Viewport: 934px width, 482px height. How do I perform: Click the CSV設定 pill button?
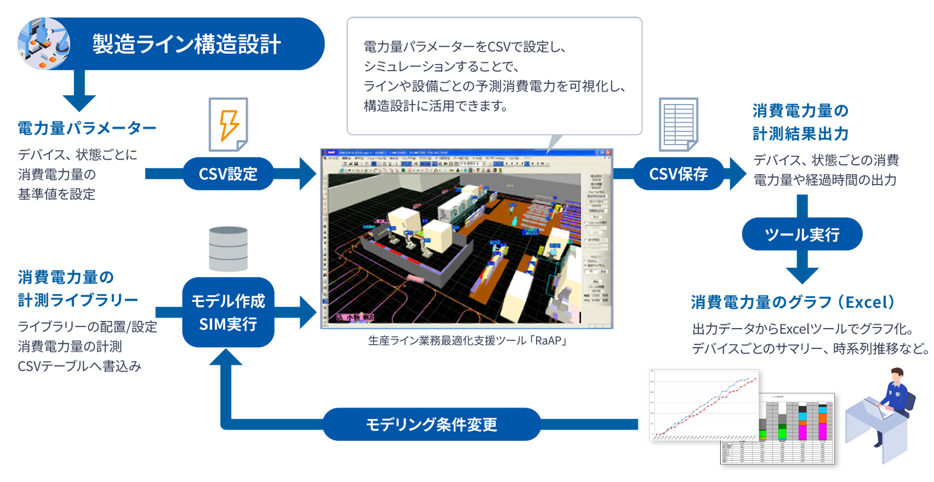pyautogui.click(x=228, y=174)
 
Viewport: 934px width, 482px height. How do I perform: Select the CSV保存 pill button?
pyautogui.click(x=678, y=174)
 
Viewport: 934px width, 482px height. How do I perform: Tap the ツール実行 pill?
pyautogui.click(x=802, y=234)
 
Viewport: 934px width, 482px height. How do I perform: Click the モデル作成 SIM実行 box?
pyautogui.click(x=228, y=313)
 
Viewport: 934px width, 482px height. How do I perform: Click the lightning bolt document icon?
pyautogui.click(x=228, y=124)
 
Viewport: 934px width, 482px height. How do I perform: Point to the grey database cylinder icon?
pyautogui.click(x=228, y=249)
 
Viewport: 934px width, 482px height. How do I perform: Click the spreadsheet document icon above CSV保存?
pyautogui.click(x=678, y=124)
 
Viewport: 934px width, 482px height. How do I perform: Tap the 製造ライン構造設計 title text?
pyautogui.click(x=187, y=44)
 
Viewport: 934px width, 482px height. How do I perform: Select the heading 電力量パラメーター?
pyautogui.click(x=87, y=128)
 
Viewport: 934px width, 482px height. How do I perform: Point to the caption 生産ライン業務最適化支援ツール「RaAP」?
pyautogui.click(x=467, y=341)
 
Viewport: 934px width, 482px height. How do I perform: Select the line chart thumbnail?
pyautogui.click(x=704, y=405)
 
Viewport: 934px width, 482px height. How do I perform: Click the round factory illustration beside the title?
pyautogui.click(x=44, y=44)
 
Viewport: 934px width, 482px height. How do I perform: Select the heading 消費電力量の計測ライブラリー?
pyautogui.click(x=78, y=289)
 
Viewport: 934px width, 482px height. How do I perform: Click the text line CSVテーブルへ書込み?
pyautogui.click(x=79, y=366)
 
